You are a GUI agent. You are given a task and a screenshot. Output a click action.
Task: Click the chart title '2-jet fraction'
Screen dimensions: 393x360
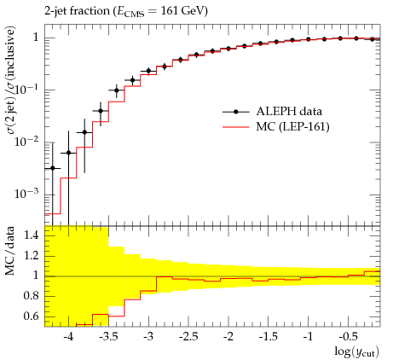point(77,11)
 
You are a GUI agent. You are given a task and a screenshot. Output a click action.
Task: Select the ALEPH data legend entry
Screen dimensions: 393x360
point(272,111)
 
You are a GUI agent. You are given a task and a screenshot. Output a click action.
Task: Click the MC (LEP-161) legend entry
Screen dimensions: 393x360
point(276,126)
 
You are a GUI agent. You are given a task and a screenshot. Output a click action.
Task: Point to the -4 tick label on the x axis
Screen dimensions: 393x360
point(68,337)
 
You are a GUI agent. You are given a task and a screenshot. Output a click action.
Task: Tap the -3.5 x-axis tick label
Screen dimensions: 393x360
point(108,337)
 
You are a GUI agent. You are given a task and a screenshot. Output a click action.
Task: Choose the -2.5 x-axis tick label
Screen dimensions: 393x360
point(188,337)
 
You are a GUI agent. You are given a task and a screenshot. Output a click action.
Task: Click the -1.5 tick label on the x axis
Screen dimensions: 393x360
point(269,337)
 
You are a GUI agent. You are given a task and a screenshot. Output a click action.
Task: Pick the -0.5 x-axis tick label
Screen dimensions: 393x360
point(348,337)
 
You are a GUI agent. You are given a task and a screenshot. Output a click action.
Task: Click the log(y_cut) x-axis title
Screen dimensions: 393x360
point(356,352)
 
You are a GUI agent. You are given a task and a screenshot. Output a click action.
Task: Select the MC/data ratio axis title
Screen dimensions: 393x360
point(10,251)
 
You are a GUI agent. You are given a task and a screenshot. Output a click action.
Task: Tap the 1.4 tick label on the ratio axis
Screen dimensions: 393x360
point(31,235)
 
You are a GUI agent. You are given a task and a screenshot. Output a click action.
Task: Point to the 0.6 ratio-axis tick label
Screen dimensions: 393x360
point(31,316)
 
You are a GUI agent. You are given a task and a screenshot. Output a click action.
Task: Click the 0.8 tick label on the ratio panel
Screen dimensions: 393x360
point(31,296)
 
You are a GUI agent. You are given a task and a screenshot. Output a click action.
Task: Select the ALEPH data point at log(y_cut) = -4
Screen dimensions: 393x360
point(68,153)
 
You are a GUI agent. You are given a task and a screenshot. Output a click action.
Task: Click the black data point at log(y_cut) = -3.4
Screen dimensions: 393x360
point(117,90)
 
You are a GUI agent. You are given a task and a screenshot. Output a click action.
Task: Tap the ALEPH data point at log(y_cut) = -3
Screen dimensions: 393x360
point(148,71)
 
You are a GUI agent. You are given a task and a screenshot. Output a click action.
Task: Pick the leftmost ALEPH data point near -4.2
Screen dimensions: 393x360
point(53,168)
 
